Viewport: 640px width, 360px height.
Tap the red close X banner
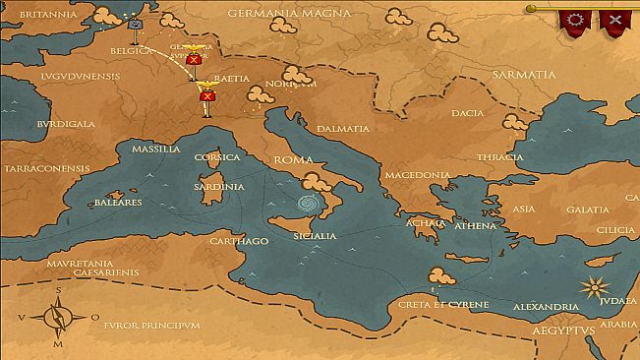point(614,20)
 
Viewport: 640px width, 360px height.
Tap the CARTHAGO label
point(239,241)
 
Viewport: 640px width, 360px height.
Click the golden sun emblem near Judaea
point(592,288)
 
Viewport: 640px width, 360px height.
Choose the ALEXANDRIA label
point(545,307)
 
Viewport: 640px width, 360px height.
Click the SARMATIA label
point(525,74)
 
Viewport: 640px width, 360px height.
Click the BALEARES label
point(118,203)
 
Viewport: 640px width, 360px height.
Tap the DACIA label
point(468,113)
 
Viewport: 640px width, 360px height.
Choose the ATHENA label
point(476,225)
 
